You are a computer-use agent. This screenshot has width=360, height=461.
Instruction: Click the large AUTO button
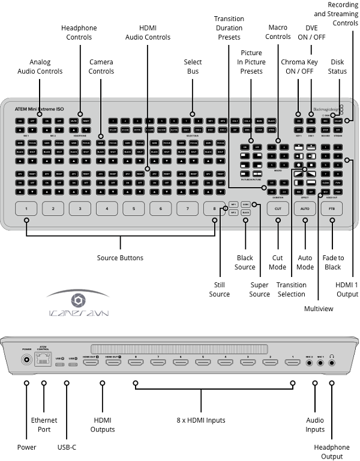click(305, 209)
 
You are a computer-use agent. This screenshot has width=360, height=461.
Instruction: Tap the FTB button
click(332, 209)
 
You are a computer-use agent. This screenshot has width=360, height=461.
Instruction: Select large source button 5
click(133, 209)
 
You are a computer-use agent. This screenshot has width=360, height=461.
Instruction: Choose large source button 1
click(26, 209)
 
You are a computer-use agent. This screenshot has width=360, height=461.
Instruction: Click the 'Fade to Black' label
click(333, 263)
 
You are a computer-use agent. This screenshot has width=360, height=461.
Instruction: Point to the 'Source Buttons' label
click(120, 258)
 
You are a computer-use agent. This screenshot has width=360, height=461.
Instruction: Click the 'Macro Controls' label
click(278, 32)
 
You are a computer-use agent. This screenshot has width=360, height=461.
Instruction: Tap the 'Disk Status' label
click(338, 67)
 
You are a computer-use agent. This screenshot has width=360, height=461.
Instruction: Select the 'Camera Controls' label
click(101, 67)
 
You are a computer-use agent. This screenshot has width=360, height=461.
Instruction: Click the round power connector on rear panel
click(26, 361)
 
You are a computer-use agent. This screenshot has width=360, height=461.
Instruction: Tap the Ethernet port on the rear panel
click(43, 360)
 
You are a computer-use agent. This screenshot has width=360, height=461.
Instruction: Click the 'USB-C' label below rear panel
click(66, 447)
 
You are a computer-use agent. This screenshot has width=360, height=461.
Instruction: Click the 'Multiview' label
click(319, 309)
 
